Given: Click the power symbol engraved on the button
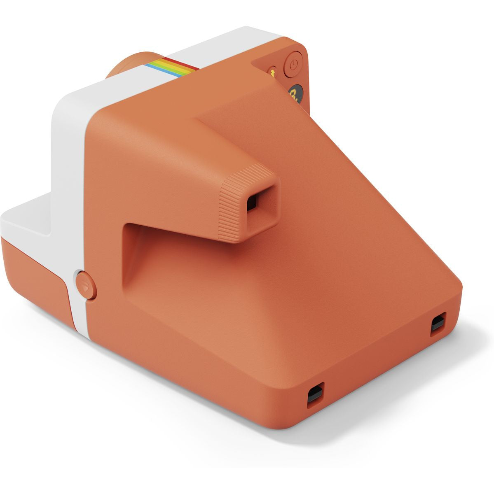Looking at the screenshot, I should (x=293, y=65).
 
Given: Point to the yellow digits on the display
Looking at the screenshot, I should (x=294, y=92).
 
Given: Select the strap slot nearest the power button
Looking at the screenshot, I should (x=438, y=323).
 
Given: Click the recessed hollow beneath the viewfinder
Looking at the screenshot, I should (x=165, y=255).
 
